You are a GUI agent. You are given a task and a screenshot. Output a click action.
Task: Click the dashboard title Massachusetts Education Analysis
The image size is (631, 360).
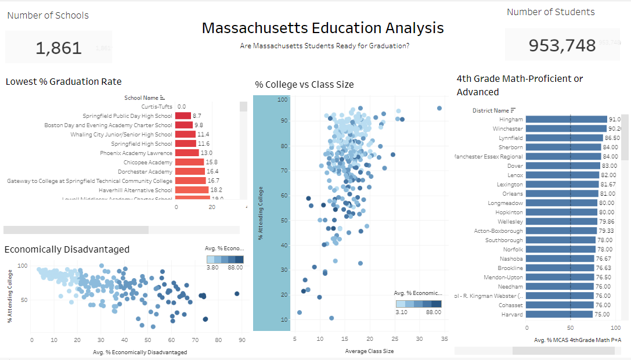[x=323, y=28]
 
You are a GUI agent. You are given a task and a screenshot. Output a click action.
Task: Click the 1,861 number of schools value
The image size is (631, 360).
[x=59, y=48]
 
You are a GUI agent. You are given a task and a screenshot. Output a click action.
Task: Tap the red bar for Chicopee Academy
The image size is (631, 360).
[x=189, y=162]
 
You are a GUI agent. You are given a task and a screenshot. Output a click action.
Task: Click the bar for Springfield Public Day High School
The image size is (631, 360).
[x=183, y=116]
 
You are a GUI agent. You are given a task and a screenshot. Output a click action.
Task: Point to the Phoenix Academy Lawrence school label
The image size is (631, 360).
[x=136, y=153]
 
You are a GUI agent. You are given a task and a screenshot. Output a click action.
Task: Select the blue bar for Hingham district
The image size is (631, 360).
[x=560, y=119]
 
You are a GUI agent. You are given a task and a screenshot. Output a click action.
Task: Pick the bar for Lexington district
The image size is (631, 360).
[x=557, y=184]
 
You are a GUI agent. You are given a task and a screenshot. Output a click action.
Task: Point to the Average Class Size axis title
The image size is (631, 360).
[x=369, y=351]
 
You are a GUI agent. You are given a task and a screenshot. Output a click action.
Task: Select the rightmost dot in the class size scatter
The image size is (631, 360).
[x=439, y=108]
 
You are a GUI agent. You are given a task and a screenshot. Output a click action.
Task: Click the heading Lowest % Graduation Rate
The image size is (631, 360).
[x=64, y=81]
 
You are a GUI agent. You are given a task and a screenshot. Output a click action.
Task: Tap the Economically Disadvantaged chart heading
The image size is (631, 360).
[x=67, y=249]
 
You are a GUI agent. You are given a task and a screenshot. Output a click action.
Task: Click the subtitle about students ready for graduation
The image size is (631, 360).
[x=324, y=45]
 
